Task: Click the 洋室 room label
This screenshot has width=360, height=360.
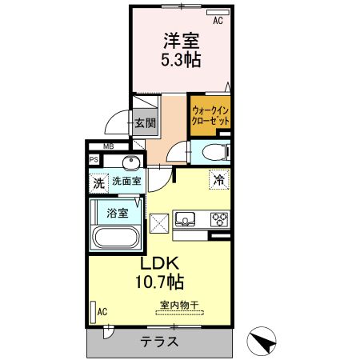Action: pyautogui.click(x=181, y=40)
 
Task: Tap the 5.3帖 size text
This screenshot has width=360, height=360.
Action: pyautogui.click(x=181, y=60)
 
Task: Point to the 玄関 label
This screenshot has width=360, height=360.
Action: pyautogui.click(x=145, y=123)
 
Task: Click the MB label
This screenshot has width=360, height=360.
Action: pyautogui.click(x=109, y=146)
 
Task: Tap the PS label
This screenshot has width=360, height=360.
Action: pyautogui.click(x=94, y=160)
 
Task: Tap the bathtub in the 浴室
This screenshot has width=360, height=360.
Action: pyautogui.click(x=118, y=238)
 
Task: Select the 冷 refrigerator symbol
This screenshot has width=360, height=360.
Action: pyautogui.click(x=217, y=181)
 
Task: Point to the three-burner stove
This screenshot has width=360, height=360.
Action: pyautogui.click(x=218, y=218)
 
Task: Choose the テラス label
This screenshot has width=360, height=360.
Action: pyautogui.click(x=157, y=341)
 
